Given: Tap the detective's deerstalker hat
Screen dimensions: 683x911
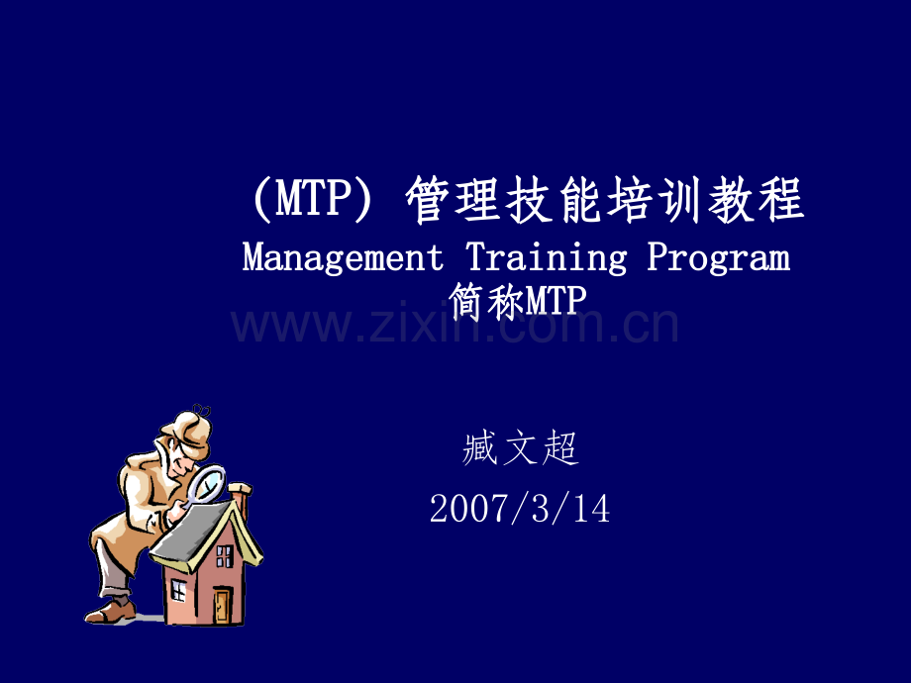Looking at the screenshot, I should (x=186, y=428).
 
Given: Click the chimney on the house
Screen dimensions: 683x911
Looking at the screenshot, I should (x=241, y=497).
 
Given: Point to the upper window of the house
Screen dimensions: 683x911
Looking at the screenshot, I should (x=225, y=556).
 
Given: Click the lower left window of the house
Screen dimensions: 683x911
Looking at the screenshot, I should (x=178, y=591).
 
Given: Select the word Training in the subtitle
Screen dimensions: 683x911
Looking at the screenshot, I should (x=546, y=259).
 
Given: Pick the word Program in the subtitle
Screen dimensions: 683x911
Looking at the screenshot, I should (x=719, y=259).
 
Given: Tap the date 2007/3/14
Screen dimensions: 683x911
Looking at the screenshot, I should (x=520, y=509).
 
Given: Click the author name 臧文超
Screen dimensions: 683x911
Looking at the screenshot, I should (x=520, y=449).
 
